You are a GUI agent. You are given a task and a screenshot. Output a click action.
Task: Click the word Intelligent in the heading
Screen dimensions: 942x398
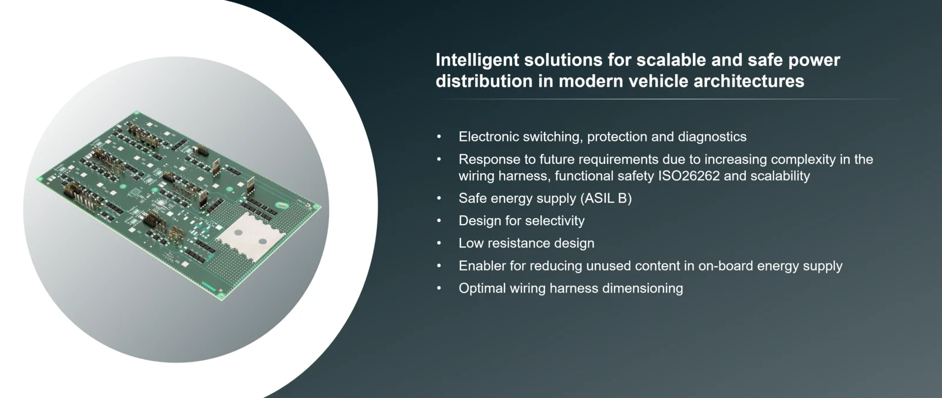tap(477, 60)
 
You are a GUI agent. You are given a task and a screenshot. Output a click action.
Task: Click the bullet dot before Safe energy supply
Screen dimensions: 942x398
tap(439, 198)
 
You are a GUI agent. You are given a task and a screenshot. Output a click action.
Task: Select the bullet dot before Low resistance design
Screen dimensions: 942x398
tap(439, 243)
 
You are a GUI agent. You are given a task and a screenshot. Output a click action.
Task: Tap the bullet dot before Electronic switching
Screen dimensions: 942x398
tap(439, 136)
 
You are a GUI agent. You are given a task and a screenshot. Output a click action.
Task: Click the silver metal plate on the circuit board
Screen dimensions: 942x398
tap(250, 235)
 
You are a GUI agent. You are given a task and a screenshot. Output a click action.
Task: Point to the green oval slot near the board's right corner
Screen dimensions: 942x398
tap(282, 205)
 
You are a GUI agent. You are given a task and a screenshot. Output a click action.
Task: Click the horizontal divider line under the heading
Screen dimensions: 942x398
tap(667, 100)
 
